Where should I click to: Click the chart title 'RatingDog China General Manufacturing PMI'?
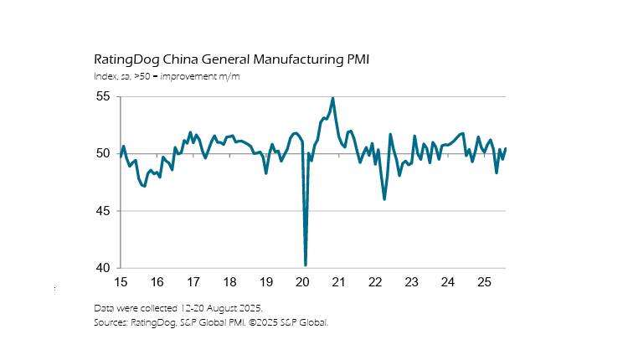[231, 60]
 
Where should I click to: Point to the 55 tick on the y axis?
[102, 97]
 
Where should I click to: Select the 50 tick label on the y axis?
[102, 154]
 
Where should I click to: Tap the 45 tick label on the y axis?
[102, 211]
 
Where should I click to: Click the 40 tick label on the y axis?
[102, 268]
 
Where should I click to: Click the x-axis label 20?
[302, 282]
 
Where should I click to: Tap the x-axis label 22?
[375, 282]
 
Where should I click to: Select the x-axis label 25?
[484, 282]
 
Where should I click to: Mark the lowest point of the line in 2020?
[306, 265]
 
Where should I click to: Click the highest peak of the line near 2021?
[333, 98]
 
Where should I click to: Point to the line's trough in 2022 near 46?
[384, 198]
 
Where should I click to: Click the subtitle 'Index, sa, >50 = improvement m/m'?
[167, 77]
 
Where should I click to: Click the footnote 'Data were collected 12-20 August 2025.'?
[178, 308]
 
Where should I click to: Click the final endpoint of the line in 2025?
[506, 148]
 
